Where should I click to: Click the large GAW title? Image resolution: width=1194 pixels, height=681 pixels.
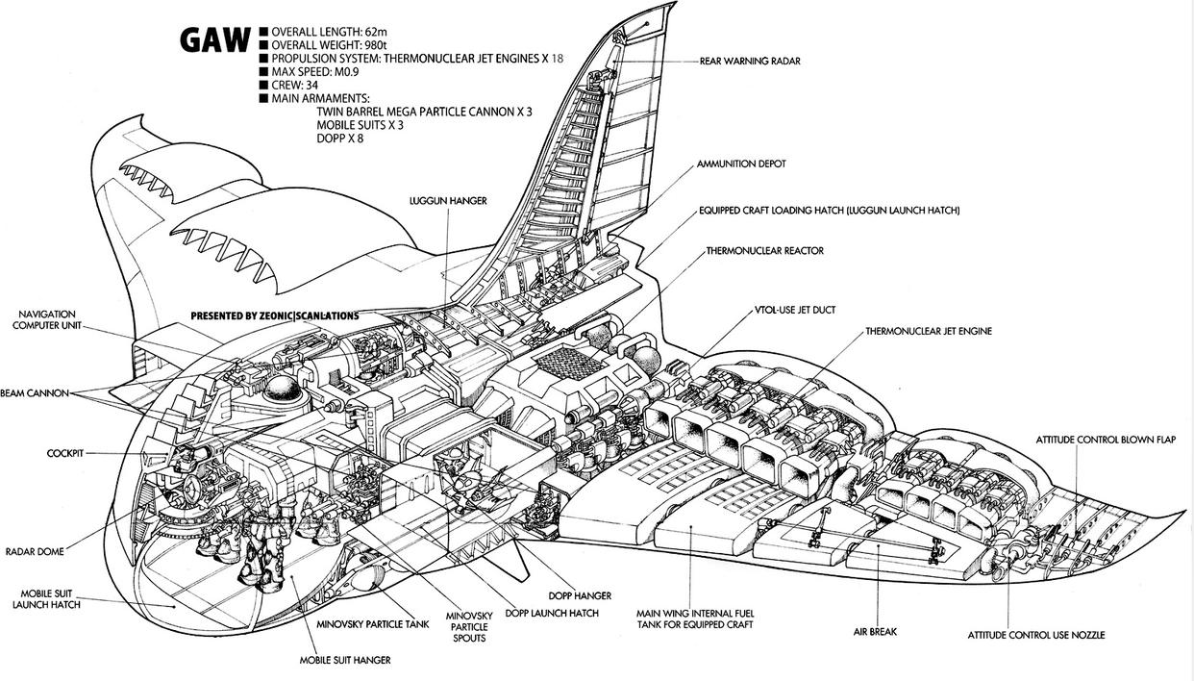tap(214, 41)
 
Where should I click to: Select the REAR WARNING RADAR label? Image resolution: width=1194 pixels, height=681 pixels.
tap(750, 61)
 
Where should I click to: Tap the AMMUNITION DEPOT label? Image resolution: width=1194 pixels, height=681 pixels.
tap(741, 164)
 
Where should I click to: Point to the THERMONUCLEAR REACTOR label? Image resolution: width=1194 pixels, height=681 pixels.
tap(764, 251)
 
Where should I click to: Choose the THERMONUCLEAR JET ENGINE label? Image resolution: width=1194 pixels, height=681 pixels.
tap(928, 331)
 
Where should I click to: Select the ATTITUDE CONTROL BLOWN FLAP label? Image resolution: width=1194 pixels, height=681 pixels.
tap(1106, 440)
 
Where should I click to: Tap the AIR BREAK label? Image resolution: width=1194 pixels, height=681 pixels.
tap(875, 632)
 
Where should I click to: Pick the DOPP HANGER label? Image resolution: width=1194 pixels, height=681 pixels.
tap(580, 596)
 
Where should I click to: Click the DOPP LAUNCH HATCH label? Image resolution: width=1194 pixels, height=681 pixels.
tap(551, 613)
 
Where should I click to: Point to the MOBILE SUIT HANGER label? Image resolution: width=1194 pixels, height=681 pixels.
tap(345, 660)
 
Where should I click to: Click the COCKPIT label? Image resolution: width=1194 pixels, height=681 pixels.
tap(65, 452)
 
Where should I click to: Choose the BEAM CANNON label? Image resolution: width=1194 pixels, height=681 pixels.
tap(35, 393)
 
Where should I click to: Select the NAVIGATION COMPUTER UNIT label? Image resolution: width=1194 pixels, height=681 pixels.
tap(60, 320)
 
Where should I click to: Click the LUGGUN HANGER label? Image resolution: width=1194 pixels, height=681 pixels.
tap(448, 200)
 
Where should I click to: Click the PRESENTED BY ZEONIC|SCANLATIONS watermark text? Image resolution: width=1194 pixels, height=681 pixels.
tap(274, 315)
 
